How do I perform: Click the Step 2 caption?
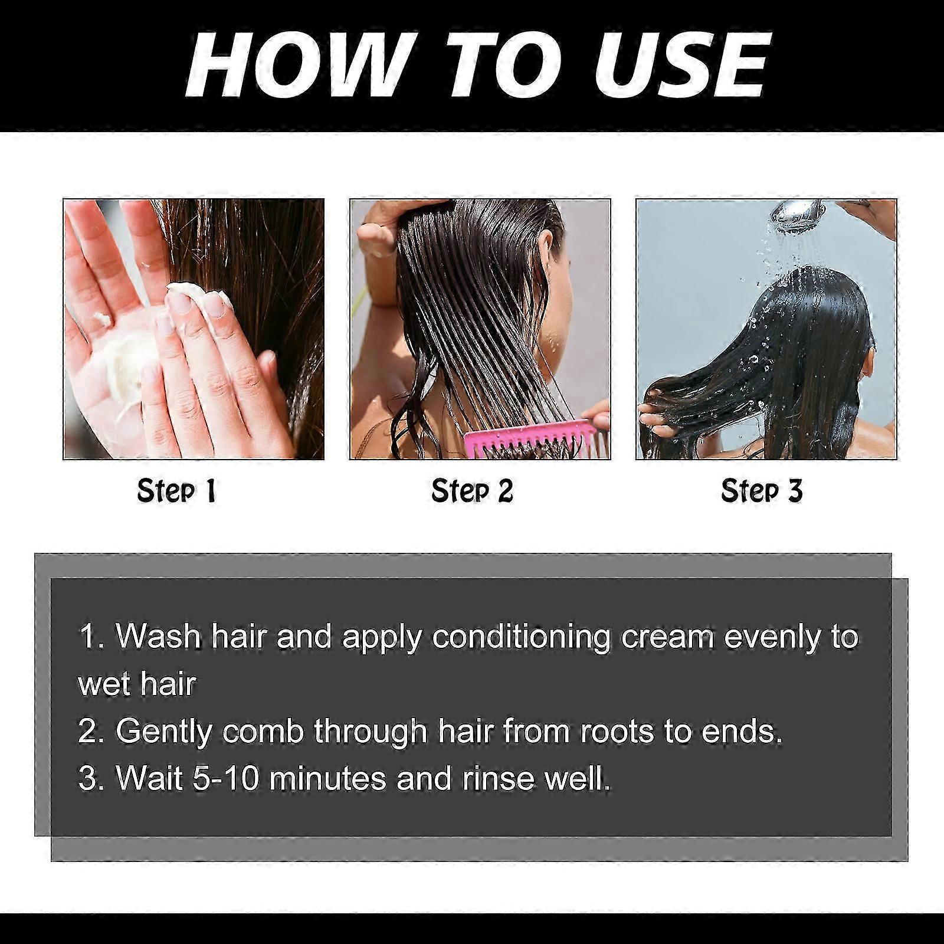[472, 491]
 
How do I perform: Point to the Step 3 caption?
[762, 491]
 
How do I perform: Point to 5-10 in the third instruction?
[226, 778]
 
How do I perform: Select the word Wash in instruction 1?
[158, 637]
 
